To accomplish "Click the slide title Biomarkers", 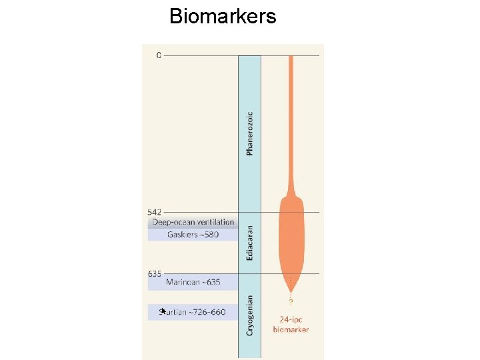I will click(x=223, y=16).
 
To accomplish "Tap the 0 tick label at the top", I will click(x=159, y=55).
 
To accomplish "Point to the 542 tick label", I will click(x=155, y=212).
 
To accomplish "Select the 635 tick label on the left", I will click(x=155, y=273).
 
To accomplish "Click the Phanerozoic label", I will click(x=250, y=133).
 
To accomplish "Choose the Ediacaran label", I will click(x=250, y=243).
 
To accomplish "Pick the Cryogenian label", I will click(x=250, y=315).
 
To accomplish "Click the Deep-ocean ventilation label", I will click(x=193, y=222).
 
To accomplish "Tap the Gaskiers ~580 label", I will click(x=193, y=235).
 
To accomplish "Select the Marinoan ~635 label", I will click(x=193, y=283).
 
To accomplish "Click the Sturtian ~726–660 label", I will click(x=193, y=312).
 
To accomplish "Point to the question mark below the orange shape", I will click(x=291, y=302).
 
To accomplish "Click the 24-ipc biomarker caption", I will click(x=291, y=325).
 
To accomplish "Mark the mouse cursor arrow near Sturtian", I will click(x=162, y=311).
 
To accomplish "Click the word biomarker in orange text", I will click(x=291, y=329).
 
